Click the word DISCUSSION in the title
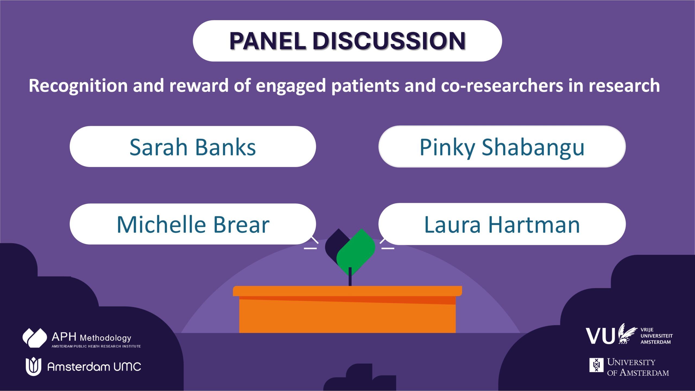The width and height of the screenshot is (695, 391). point(389,41)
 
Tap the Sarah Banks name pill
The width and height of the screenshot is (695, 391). point(193,146)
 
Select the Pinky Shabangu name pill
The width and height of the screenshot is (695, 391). point(502,146)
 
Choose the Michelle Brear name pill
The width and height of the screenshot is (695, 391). point(193,224)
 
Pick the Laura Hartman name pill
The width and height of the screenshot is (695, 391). point(502,224)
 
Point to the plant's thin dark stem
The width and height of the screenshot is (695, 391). point(350,276)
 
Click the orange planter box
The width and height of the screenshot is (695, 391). point(347,309)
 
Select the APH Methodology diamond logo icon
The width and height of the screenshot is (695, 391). point(35,338)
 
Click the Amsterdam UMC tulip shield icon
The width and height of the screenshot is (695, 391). point(33,367)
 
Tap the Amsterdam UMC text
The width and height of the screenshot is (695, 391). point(94,367)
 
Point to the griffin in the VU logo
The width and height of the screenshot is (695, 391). point(627,333)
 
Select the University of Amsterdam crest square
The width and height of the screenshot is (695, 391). point(596,365)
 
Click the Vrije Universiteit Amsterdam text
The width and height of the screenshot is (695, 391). point(656,336)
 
